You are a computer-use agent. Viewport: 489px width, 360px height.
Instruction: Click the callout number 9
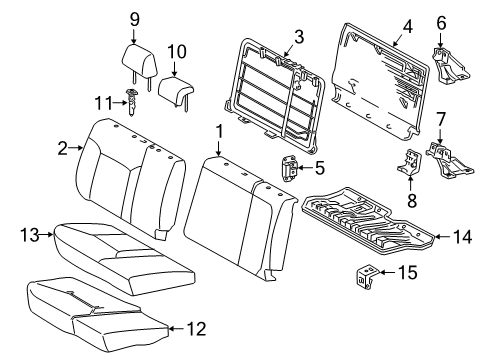[x=135, y=17]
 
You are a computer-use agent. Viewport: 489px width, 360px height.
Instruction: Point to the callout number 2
[x=62, y=148]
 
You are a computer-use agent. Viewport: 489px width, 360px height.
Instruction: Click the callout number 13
[x=29, y=235]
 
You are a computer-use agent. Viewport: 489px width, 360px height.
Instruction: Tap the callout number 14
[x=461, y=237]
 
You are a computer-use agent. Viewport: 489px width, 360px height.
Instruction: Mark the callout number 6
[x=441, y=20]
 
